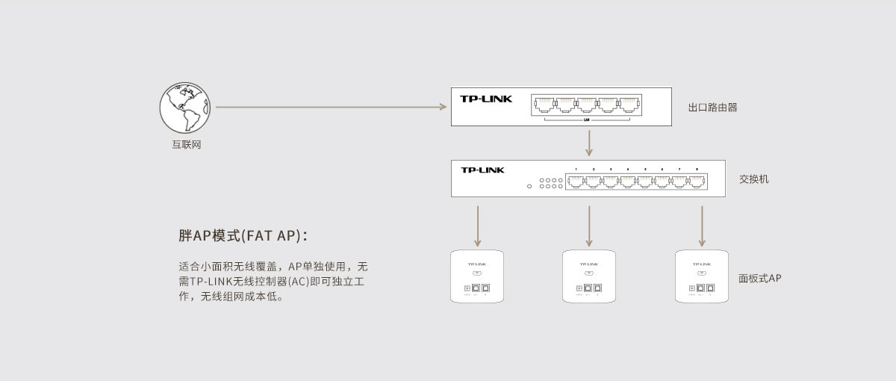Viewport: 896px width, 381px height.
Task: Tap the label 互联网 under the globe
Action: click(x=187, y=145)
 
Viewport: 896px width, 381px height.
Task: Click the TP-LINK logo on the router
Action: click(x=486, y=99)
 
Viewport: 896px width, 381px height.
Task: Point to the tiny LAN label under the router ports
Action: click(x=587, y=120)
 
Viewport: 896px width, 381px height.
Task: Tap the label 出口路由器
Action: click(x=712, y=108)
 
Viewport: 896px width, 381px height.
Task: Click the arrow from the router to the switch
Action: click(x=589, y=143)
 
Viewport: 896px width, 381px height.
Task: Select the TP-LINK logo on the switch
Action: click(x=482, y=170)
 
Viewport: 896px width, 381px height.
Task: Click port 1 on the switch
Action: click(x=576, y=181)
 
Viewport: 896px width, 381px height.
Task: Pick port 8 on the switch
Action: click(x=696, y=181)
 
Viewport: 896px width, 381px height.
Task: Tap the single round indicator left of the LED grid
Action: click(x=529, y=186)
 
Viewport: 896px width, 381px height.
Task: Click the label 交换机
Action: click(x=753, y=179)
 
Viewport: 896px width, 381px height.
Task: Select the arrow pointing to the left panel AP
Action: click(x=478, y=226)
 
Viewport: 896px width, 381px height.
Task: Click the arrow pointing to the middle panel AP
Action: click(x=589, y=226)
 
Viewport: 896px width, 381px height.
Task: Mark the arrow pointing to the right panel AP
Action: click(x=702, y=226)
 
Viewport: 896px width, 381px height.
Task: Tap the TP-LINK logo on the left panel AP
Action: click(x=477, y=264)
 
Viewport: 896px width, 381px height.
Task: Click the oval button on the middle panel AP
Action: click(x=589, y=273)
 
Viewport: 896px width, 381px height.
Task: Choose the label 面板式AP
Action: click(x=759, y=279)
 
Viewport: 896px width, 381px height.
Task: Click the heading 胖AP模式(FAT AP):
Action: click(x=243, y=236)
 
